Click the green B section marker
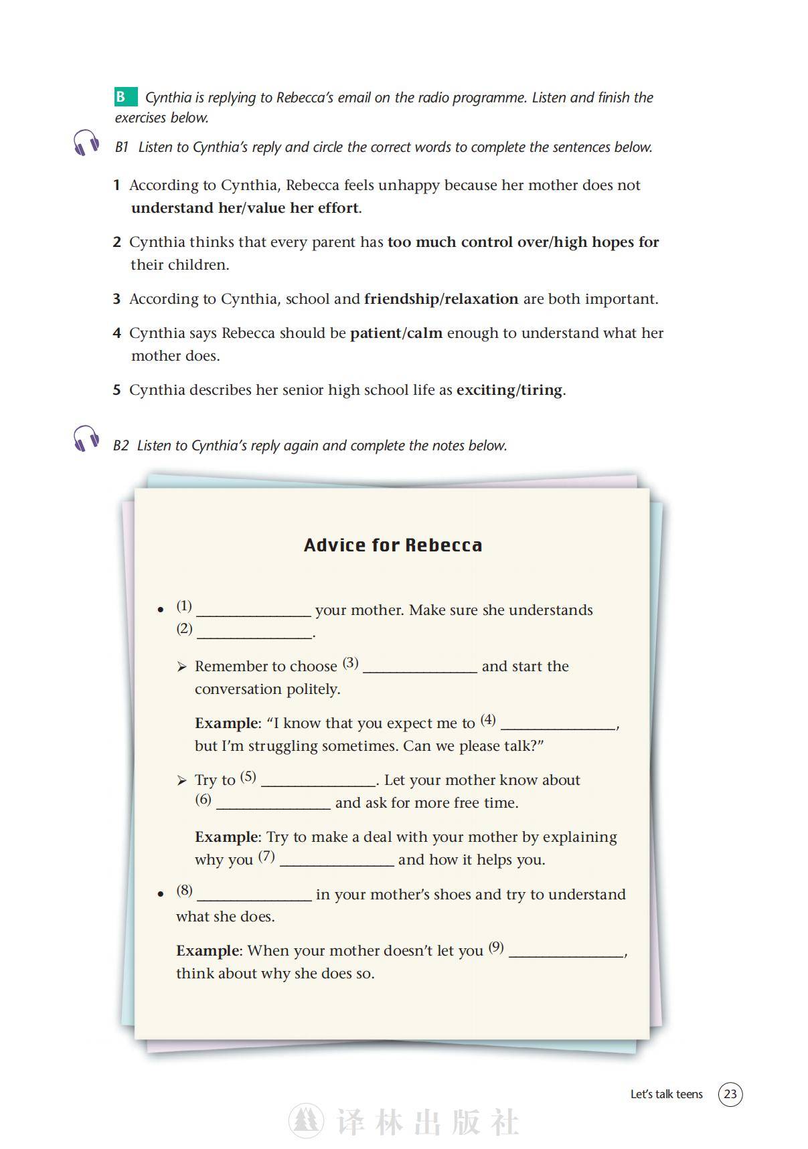(x=125, y=97)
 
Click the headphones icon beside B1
(x=87, y=143)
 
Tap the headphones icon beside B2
(x=86, y=438)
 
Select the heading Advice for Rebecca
(x=393, y=545)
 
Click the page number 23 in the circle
(x=730, y=1094)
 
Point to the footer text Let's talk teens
(x=666, y=1095)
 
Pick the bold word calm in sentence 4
(x=424, y=333)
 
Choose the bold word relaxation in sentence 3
(x=481, y=299)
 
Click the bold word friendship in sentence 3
(x=401, y=299)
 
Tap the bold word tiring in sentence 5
(x=542, y=390)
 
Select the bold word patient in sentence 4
(x=376, y=333)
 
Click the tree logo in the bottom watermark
(x=306, y=1121)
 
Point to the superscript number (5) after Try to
(x=248, y=777)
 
